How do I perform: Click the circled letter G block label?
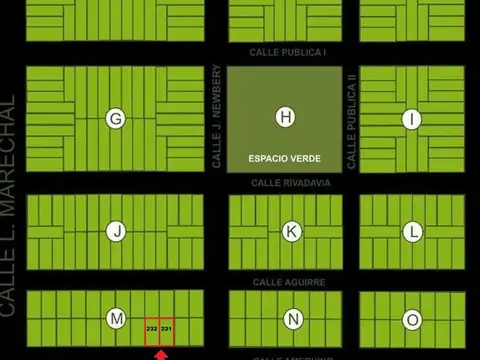coord(116,119)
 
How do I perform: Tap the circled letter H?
coord(286,118)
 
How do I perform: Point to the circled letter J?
coord(117,232)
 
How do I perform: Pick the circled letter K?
coord(291,232)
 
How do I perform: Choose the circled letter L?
coord(413,232)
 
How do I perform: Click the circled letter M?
coord(117,319)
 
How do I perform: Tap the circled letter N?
coord(293,320)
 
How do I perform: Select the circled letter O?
coord(413,320)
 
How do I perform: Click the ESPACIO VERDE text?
coord(285,159)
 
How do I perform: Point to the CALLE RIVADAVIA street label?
coord(290,183)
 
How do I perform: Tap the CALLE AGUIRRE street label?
coord(289,283)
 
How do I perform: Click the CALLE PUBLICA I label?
coord(289,52)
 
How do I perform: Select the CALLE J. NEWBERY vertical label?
coord(216,117)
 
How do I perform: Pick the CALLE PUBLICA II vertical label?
coord(352,120)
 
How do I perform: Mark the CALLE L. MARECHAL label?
coord(10,205)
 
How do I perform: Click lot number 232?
coord(151,328)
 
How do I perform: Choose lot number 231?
coord(167,328)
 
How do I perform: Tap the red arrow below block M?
coord(160,354)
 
